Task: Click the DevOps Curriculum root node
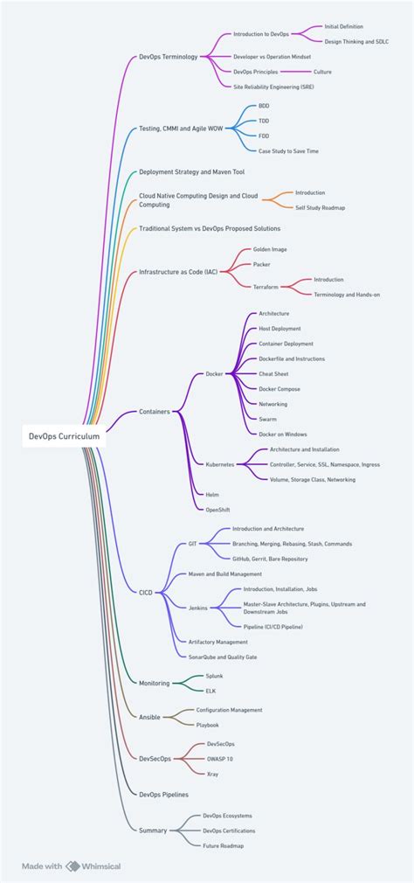click(x=64, y=435)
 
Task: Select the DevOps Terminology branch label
click(x=169, y=56)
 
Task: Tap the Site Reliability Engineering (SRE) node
click(x=273, y=87)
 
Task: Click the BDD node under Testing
click(x=264, y=105)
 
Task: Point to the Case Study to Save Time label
click(x=288, y=150)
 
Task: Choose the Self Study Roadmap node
click(x=320, y=207)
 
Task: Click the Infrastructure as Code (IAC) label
click(x=178, y=272)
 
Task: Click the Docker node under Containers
click(x=214, y=373)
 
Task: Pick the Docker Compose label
click(x=279, y=388)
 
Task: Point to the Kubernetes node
click(x=219, y=464)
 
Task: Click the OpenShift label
click(x=217, y=509)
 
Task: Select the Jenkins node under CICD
click(x=198, y=606)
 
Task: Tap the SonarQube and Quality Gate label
click(x=223, y=656)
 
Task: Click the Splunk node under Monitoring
click(x=214, y=676)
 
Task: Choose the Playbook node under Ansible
click(x=207, y=725)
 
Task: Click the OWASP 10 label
click(x=219, y=759)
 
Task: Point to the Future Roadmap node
click(x=223, y=845)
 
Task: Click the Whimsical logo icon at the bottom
click(x=72, y=866)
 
